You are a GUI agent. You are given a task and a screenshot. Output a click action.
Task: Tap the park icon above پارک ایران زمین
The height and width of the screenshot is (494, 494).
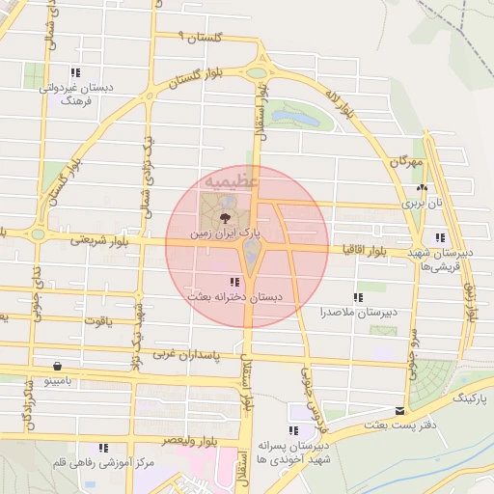click(x=225, y=218)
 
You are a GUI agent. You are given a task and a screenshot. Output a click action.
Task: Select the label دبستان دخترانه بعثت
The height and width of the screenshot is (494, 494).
click(x=237, y=298)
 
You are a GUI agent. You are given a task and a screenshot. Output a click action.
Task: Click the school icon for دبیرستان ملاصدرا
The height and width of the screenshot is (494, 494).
click(x=358, y=298)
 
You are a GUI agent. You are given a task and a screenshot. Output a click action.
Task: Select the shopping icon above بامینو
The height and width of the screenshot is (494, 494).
click(x=59, y=366)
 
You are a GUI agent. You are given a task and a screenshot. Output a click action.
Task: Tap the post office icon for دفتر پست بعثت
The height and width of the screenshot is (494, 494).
click(x=400, y=410)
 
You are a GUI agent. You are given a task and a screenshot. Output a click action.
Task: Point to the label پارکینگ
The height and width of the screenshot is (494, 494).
click(x=472, y=397)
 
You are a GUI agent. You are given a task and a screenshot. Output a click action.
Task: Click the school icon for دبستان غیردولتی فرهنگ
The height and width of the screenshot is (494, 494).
click(x=75, y=72)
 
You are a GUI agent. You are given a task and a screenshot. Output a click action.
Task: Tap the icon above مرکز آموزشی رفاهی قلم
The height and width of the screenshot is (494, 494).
click(x=103, y=448)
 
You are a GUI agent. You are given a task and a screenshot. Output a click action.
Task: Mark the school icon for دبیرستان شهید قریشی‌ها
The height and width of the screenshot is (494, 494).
click(x=440, y=237)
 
